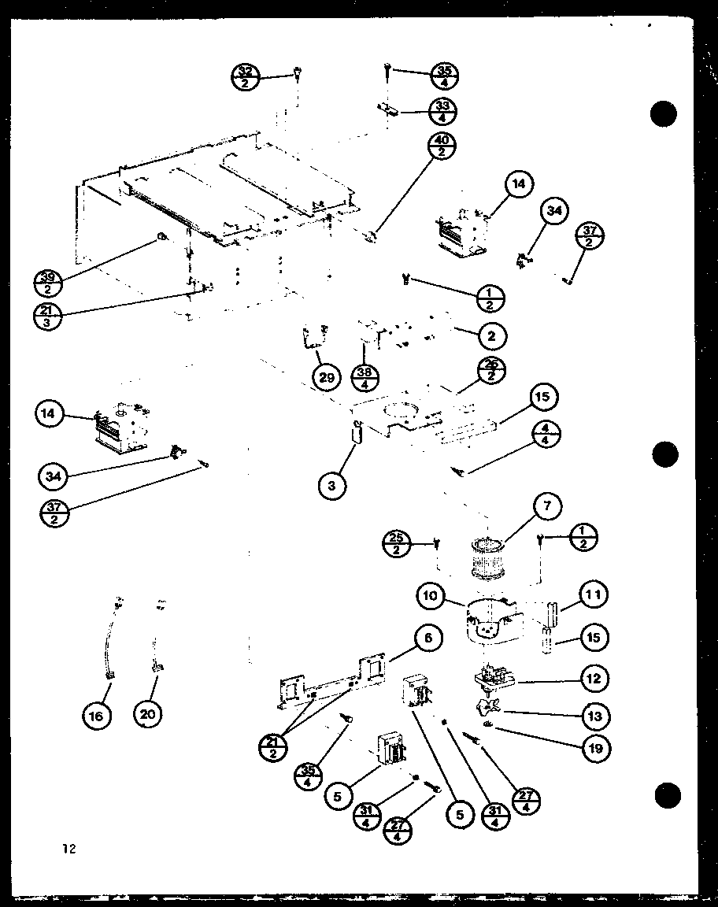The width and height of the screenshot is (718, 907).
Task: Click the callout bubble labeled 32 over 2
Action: [x=246, y=76]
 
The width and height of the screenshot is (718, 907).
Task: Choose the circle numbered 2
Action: [x=491, y=336]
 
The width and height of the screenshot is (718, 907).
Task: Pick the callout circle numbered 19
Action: [x=595, y=748]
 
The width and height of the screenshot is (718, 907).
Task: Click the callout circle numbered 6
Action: [x=427, y=639]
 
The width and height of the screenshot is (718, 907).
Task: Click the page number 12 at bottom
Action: [x=69, y=848]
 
